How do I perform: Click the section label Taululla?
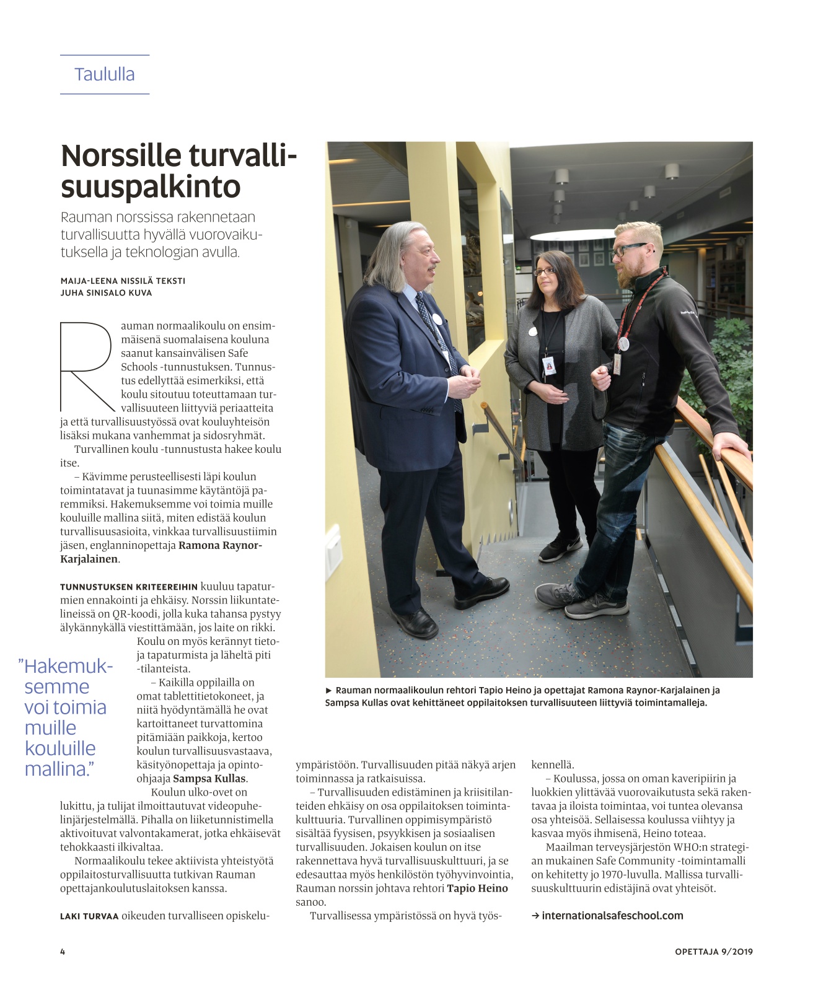coord(104,74)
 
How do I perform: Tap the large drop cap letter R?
coord(87,366)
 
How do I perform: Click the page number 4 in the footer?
coord(63,952)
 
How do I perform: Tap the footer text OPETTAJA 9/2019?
coord(713,952)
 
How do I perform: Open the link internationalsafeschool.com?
coord(612,916)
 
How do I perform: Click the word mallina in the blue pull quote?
coord(59,769)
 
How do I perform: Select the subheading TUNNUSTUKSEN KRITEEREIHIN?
coord(129,587)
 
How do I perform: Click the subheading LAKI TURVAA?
coord(89,916)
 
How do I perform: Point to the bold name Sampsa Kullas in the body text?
coord(209,779)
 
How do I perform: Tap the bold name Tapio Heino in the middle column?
coord(477,888)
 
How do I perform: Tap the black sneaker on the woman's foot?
coord(560,548)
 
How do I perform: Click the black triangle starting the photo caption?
coord(329,690)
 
